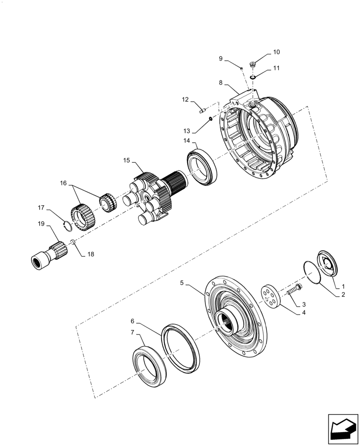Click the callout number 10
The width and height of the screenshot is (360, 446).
pos(276,52)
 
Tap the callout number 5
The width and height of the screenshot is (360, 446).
pos(182,282)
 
